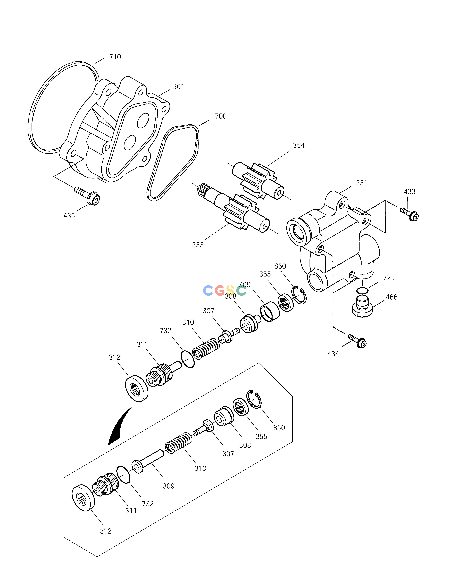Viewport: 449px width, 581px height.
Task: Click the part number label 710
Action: coord(115,57)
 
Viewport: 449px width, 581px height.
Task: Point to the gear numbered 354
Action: coord(258,181)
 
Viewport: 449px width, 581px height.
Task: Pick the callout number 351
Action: coord(362,183)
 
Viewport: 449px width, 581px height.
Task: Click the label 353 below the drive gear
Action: coord(198,245)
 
